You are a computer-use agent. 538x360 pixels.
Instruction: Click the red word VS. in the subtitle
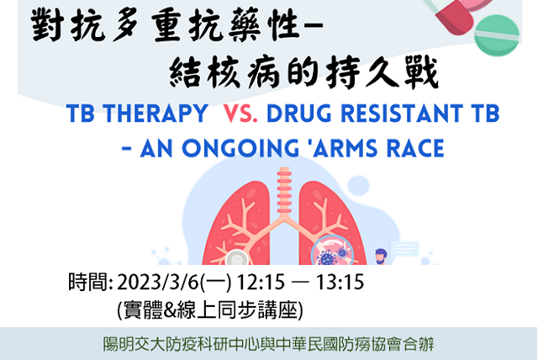click(x=240, y=114)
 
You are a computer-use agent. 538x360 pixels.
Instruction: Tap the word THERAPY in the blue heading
click(x=156, y=114)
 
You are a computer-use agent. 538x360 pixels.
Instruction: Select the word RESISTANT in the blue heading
click(x=401, y=114)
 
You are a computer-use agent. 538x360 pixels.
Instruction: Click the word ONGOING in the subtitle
click(x=240, y=148)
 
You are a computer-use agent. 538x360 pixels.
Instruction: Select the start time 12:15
click(x=261, y=283)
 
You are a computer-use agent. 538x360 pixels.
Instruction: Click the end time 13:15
click(x=340, y=283)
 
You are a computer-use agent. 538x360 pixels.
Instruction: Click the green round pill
click(x=497, y=35)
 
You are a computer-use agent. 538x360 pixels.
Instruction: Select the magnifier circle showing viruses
click(x=332, y=251)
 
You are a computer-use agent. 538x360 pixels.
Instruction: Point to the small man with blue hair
click(x=381, y=257)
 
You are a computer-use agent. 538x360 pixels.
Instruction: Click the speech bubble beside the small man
click(x=405, y=248)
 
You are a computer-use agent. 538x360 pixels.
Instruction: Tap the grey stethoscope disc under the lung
click(x=236, y=257)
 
